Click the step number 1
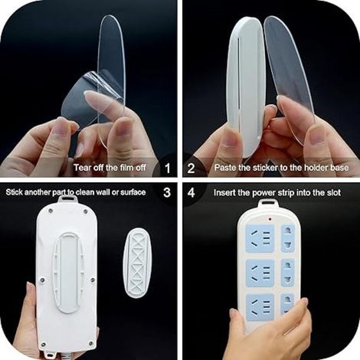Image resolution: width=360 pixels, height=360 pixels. pyautogui.click(x=167, y=169)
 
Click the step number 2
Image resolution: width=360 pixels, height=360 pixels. pyautogui.click(x=191, y=169)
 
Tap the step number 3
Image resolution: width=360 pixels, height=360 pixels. pyautogui.click(x=167, y=192)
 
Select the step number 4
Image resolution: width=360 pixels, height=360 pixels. pyautogui.click(x=191, y=192)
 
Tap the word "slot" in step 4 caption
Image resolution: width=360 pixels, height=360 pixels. pyautogui.click(x=334, y=192)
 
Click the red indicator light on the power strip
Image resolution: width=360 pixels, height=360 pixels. pyautogui.click(x=270, y=219)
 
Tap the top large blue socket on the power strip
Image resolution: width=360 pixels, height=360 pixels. pyautogui.click(x=260, y=238)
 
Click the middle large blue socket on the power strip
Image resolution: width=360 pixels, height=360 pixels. pyautogui.click(x=260, y=273)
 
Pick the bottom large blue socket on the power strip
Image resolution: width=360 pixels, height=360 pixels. pyautogui.click(x=260, y=306)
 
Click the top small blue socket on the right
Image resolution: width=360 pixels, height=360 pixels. pyautogui.click(x=287, y=238)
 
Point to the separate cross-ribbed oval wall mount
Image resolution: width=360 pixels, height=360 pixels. pyautogui.click(x=138, y=263)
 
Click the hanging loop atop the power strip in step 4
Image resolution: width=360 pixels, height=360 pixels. pyautogui.click(x=267, y=204)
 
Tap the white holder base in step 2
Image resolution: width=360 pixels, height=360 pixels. pyautogui.click(x=244, y=88)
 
